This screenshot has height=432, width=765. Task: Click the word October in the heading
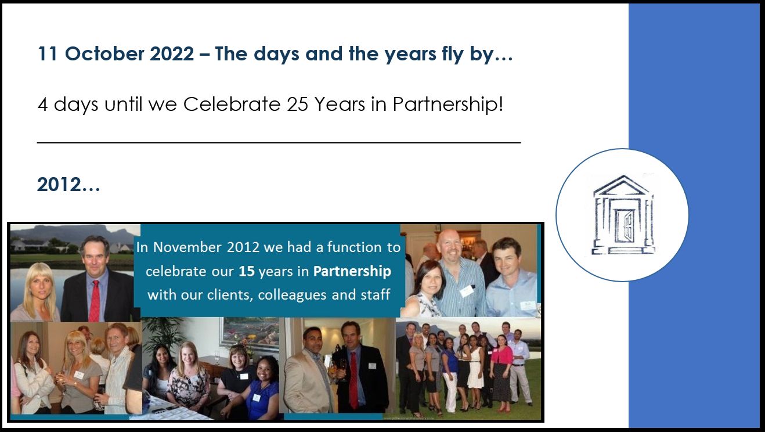104,54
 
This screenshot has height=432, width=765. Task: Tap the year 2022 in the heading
172,54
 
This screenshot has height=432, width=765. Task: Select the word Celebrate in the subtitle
232,104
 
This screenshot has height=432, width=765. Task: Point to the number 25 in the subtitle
297,104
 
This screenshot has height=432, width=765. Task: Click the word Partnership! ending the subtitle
448,105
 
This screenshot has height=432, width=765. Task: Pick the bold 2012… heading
68,185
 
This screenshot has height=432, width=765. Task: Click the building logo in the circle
623,215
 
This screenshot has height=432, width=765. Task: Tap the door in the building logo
625,226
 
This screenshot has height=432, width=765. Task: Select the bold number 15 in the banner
247,271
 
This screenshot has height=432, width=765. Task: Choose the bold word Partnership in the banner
352,272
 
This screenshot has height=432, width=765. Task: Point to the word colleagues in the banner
292,294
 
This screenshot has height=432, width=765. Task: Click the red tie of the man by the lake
94,301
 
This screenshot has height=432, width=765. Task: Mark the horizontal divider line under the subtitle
279,142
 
